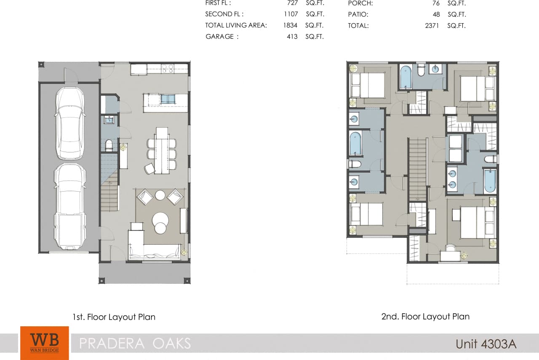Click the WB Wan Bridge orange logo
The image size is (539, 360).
(x=44, y=343)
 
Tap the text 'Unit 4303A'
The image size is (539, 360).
(x=486, y=344)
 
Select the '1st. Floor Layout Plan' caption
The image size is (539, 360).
(x=114, y=317)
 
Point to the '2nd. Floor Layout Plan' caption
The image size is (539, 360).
(x=425, y=316)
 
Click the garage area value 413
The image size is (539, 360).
(x=292, y=37)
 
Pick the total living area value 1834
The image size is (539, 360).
(x=291, y=25)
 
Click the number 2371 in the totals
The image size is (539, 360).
(x=432, y=26)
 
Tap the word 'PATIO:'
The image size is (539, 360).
(x=358, y=14)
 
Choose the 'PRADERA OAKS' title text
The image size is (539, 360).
(x=135, y=343)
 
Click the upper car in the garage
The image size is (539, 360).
(x=70, y=124)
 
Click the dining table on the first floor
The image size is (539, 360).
(x=161, y=150)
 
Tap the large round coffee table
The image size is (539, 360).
(x=160, y=219)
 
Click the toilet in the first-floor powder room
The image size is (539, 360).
(x=109, y=146)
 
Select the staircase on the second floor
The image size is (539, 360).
(x=418, y=168)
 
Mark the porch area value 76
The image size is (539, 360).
(x=436, y=3)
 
